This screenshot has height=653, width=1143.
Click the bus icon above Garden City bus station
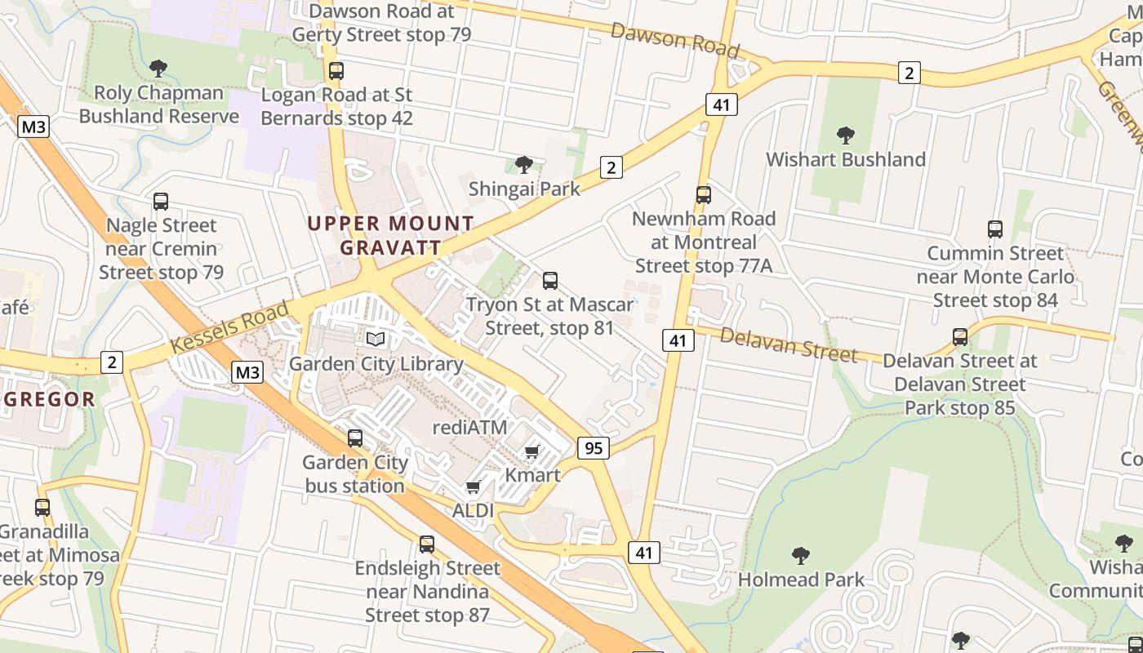click(355, 438)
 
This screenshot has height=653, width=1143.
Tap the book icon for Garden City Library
click(376, 339)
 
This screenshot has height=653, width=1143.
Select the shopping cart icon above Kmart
click(532, 451)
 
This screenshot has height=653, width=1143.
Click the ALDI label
click(474, 510)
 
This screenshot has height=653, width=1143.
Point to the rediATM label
click(469, 427)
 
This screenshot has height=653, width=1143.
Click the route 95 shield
click(593, 447)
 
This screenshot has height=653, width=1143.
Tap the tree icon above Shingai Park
click(524, 165)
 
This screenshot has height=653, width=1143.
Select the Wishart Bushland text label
click(845, 159)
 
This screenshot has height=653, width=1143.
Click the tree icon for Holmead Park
click(801, 556)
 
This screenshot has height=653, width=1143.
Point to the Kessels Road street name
click(230, 327)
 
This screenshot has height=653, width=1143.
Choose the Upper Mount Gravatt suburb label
click(390, 235)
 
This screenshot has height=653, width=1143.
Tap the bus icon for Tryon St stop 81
click(550, 281)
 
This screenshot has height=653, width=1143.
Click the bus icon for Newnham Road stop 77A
click(704, 194)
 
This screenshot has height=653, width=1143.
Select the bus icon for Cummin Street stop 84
click(994, 229)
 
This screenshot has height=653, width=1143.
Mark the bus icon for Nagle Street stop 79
click(161, 202)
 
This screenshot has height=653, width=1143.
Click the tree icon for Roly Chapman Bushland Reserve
click(158, 69)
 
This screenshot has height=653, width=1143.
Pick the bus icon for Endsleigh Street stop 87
click(426, 544)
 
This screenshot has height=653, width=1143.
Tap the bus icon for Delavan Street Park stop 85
click(960, 336)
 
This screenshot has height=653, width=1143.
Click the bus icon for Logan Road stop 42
click(336, 71)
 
